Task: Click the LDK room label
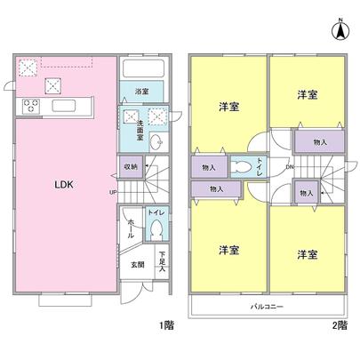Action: pyautogui.click(x=65, y=185)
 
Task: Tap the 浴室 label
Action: pyautogui.click(x=141, y=92)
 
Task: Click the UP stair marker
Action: pyautogui.click(x=113, y=191)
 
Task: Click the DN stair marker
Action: pyautogui.click(x=289, y=167)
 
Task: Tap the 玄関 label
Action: pyautogui.click(x=139, y=264)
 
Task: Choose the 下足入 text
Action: pyautogui.click(x=163, y=261)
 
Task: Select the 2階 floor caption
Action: pyautogui.click(x=340, y=325)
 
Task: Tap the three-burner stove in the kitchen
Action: pyautogui.click(x=31, y=106)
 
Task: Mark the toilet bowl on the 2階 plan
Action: pyautogui.click(x=242, y=166)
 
